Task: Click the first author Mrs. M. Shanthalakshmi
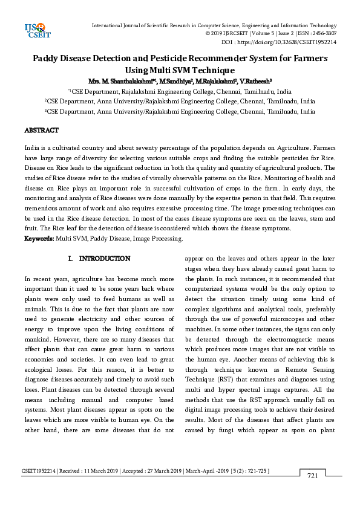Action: [119, 80]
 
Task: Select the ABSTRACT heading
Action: [41, 131]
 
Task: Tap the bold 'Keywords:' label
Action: [39, 239]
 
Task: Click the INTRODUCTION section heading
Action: [105, 259]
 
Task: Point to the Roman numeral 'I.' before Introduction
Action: [71, 259]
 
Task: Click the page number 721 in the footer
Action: [313, 476]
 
